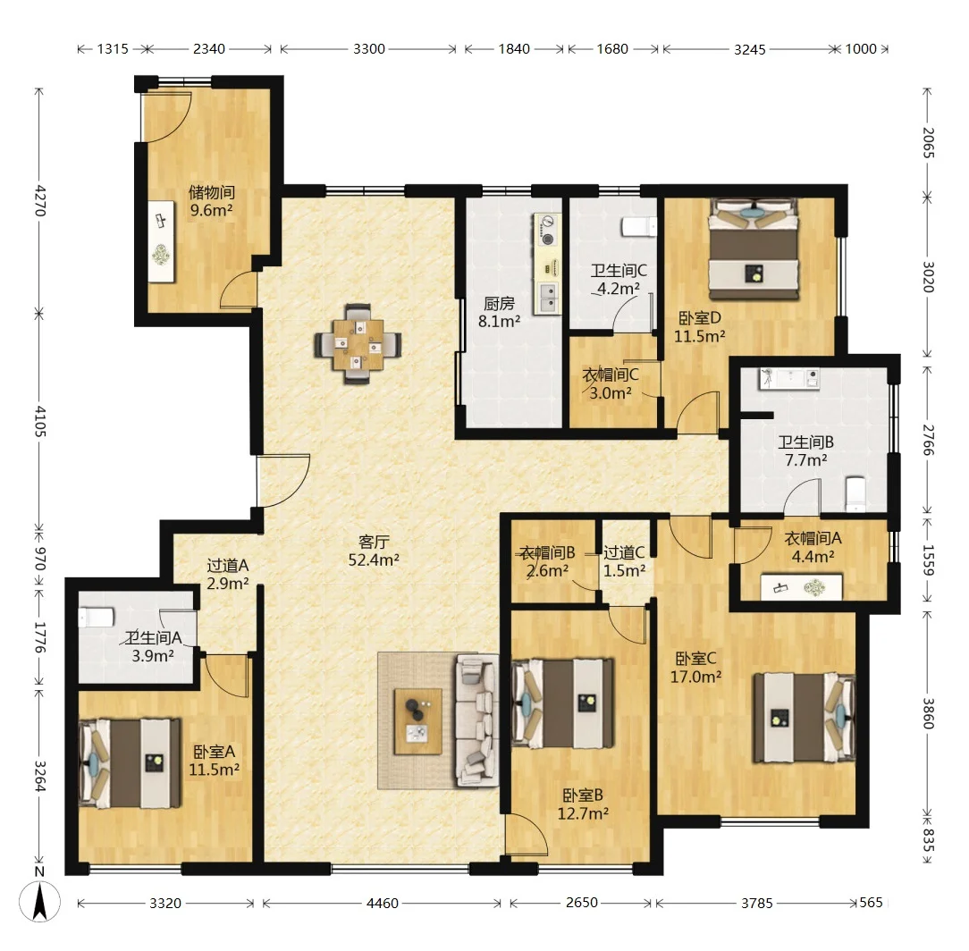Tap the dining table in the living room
pos(358,344)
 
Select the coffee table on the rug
pos(418,721)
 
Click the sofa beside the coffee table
pos(477,720)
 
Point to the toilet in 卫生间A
pos(97,616)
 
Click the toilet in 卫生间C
pos(639,227)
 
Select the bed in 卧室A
pos(131,763)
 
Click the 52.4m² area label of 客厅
pos(374,560)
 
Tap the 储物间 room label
pos(211,191)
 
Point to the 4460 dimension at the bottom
pos(382,903)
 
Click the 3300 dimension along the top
pos(369,49)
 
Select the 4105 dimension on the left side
pos(39,422)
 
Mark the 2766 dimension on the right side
pos(928,440)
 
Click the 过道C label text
pos(624,552)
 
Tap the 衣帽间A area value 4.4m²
pos(813,556)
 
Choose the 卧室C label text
pos(695,658)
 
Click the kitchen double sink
pos(548,298)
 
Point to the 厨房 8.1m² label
pos(500,312)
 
